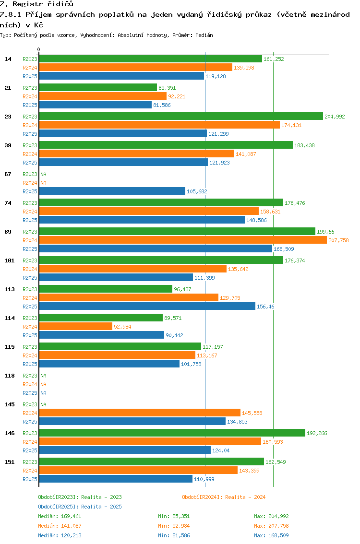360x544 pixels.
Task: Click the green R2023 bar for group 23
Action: click(x=181, y=116)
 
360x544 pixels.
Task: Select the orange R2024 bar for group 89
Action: click(x=183, y=240)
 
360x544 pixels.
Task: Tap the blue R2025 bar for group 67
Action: click(x=112, y=191)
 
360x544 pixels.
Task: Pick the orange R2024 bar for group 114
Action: click(x=76, y=327)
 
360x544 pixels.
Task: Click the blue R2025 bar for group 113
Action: click(x=147, y=307)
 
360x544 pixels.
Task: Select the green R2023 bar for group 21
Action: click(x=98, y=87)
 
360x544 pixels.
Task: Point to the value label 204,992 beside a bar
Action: click(x=335, y=117)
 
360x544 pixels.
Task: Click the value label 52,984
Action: click(x=122, y=327)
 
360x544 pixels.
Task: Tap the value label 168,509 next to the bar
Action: click(x=284, y=249)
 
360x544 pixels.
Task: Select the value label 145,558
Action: click(x=252, y=413)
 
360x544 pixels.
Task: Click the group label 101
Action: click(x=10, y=260)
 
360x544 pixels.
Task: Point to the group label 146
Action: click(x=10, y=433)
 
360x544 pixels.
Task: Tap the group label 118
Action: click(x=10, y=376)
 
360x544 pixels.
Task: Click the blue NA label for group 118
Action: click(x=43, y=393)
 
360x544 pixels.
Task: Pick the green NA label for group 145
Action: click(x=43, y=404)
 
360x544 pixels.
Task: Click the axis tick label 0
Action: click(x=38, y=49)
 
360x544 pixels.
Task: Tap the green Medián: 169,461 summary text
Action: click(x=60, y=516)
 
